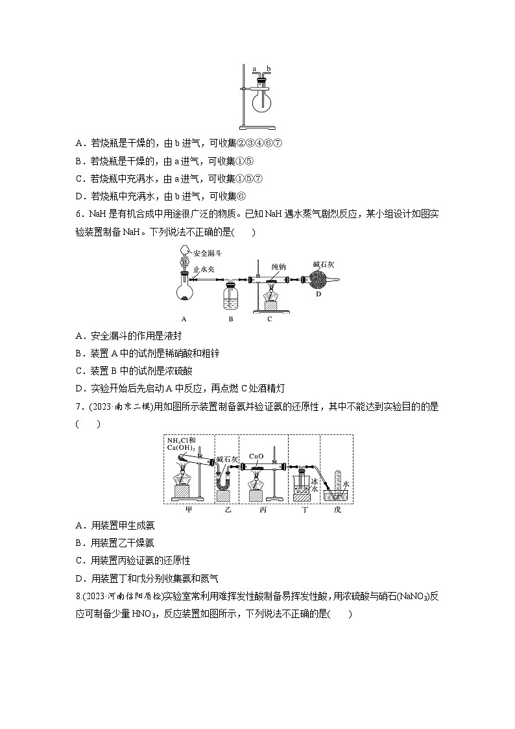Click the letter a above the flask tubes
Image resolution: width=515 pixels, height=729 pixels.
click(255, 68)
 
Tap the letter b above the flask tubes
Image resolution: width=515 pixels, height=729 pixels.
click(269, 68)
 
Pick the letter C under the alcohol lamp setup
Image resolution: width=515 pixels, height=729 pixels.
click(269, 319)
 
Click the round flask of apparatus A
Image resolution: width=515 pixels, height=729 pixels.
click(186, 290)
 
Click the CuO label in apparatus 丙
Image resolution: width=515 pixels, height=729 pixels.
click(256, 454)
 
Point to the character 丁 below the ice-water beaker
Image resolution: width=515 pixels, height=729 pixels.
click(305, 510)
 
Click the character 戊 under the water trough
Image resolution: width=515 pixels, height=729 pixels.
click(337, 510)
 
